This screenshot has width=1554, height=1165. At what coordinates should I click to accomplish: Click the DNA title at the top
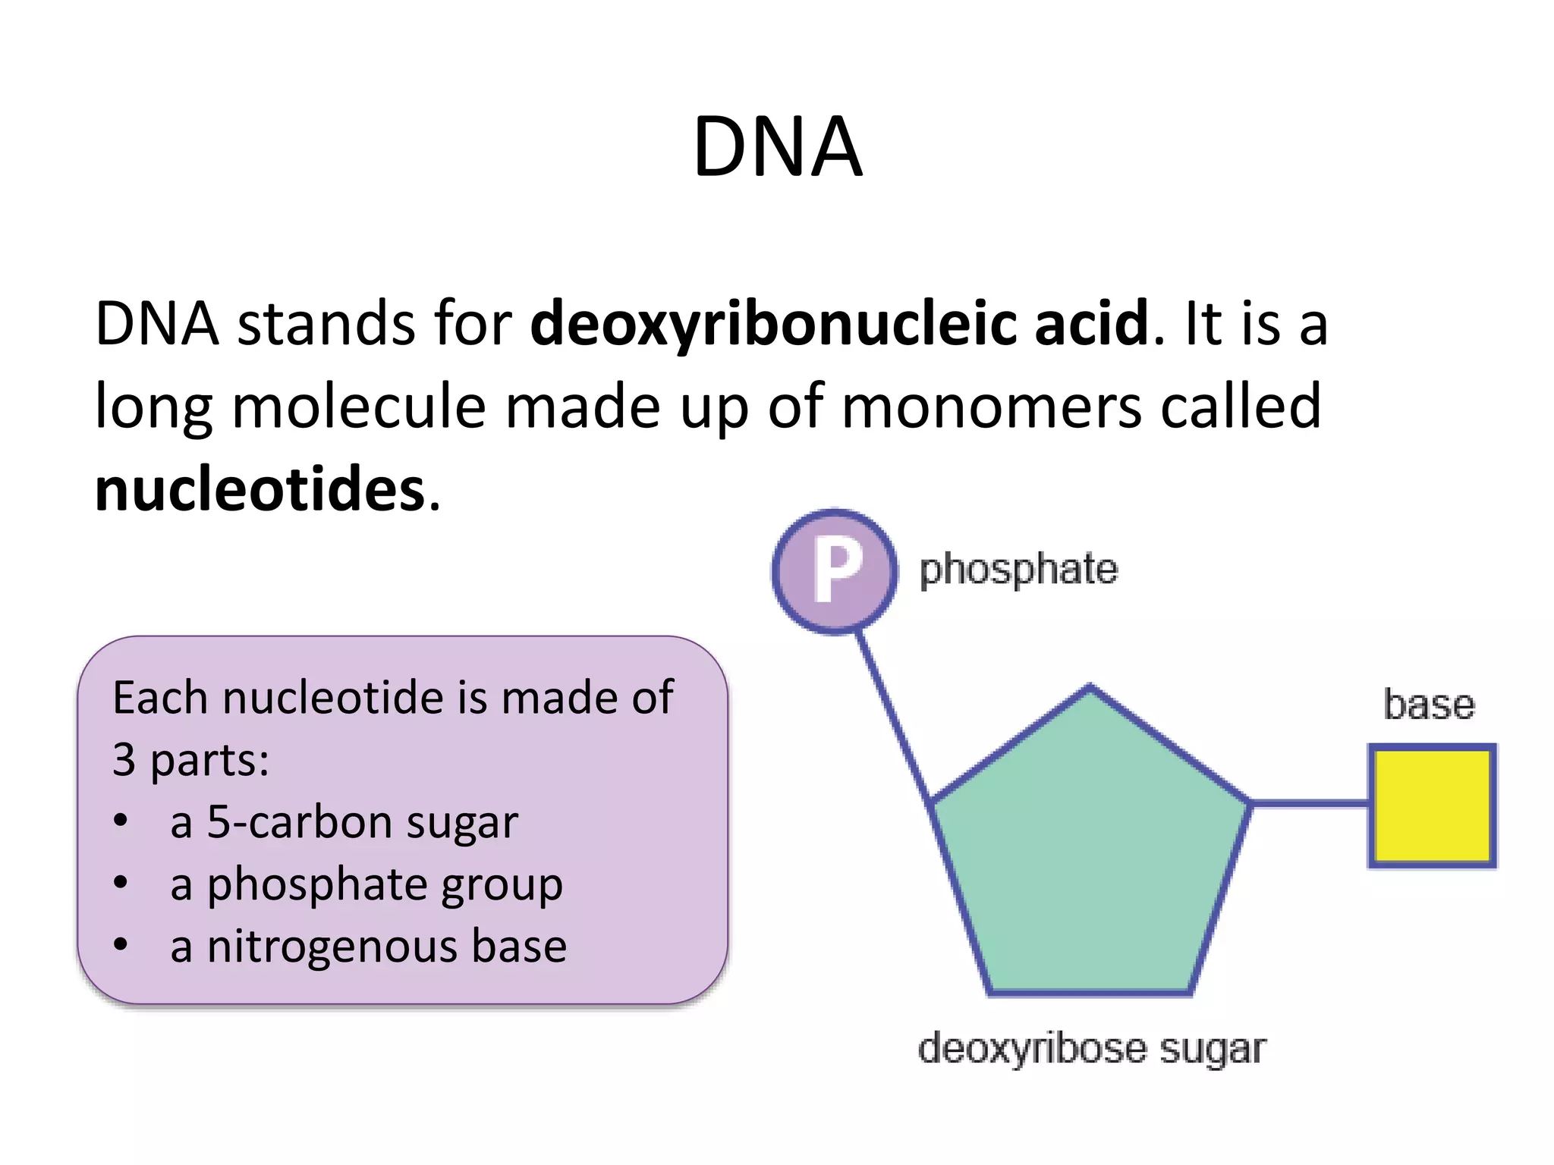pyautogui.click(x=777, y=147)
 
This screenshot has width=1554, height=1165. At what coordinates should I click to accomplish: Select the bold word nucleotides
pyautogui.click(x=260, y=489)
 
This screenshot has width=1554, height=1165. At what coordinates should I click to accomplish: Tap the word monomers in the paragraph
pyautogui.click(x=991, y=407)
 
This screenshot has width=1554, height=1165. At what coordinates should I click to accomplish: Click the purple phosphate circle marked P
pyautogui.click(x=835, y=571)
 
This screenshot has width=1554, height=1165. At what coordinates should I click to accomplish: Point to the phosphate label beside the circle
pyautogui.click(x=1018, y=570)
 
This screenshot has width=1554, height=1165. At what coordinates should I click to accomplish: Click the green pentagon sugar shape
pyautogui.click(x=1090, y=849)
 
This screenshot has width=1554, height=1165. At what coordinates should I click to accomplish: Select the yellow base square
pyautogui.click(x=1432, y=805)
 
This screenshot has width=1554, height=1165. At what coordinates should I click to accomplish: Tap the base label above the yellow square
pyautogui.click(x=1429, y=705)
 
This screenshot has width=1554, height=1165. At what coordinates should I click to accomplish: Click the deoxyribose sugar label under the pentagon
pyautogui.click(x=1091, y=1049)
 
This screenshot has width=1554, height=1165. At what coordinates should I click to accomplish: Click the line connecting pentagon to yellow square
pyautogui.click(x=1310, y=802)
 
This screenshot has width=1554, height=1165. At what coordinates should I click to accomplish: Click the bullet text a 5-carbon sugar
pyautogui.click(x=344, y=822)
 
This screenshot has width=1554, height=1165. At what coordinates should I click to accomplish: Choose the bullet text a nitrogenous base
pyautogui.click(x=368, y=947)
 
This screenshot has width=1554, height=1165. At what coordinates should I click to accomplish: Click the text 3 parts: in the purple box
pyautogui.click(x=190, y=760)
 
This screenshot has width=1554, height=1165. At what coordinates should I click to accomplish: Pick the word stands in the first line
pyautogui.click(x=326, y=324)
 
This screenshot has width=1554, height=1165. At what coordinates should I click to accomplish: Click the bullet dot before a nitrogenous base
pyautogui.click(x=121, y=945)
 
